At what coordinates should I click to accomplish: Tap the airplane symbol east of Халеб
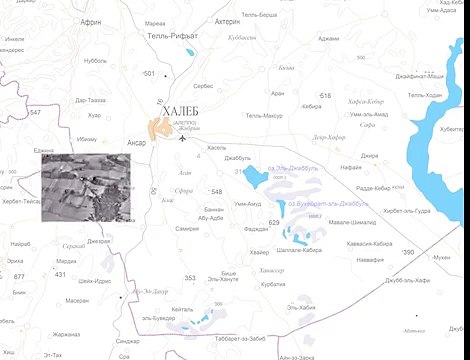pyautogui.click(x=182, y=138)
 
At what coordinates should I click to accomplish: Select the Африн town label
pyautogui.click(x=91, y=21)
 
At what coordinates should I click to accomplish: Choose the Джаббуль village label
pyautogui.click(x=238, y=158)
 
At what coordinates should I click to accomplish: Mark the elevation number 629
pyautogui.click(x=274, y=222)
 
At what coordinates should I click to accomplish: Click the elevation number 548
pyautogui.click(x=216, y=190)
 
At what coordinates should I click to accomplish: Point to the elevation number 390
pyautogui.click(x=407, y=252)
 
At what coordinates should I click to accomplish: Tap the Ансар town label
pyautogui.click(x=137, y=142)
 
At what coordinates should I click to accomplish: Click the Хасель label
pyautogui.click(x=216, y=147)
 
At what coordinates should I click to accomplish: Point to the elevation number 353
pyautogui.click(x=190, y=277)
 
